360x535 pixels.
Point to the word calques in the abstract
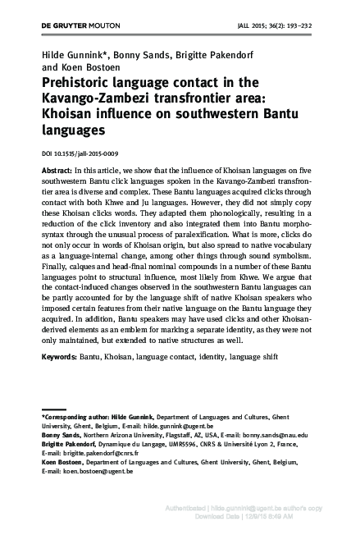pos(86,290)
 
